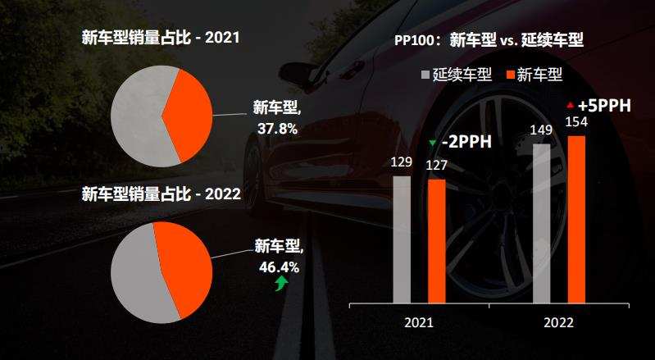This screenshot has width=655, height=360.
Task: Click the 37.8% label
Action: pos(277,129)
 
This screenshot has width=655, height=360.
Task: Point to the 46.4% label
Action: pos(279,267)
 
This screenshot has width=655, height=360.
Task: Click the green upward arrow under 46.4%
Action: pos(281,284)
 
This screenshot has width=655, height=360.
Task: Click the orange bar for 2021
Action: pos(437,241)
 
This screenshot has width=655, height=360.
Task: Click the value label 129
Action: pos(401,162)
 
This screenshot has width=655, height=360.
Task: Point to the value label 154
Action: pos(577,122)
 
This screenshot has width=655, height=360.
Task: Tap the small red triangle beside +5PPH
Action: pos(570,105)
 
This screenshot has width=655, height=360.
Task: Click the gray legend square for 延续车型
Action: pos(425,75)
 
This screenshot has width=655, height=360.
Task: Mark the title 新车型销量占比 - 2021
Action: pos(159,38)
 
